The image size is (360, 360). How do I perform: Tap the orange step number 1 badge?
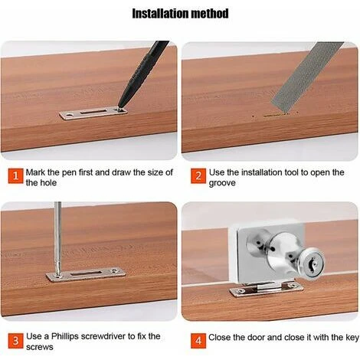[15, 175]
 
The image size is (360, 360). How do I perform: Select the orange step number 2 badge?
[198, 176]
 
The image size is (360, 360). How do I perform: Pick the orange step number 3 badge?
[15, 341]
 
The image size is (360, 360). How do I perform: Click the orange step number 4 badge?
[198, 341]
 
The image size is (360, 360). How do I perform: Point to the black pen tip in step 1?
[119, 106]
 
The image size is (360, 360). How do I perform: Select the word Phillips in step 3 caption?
[65, 336]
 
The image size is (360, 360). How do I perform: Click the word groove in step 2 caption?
[222, 183]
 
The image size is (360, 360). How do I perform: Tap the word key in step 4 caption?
[352, 338]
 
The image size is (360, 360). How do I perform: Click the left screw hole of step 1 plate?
[68, 115]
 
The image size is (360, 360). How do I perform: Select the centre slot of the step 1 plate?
[93, 111]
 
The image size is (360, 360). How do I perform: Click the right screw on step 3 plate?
[114, 271]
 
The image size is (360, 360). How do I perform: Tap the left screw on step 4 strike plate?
[241, 290]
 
